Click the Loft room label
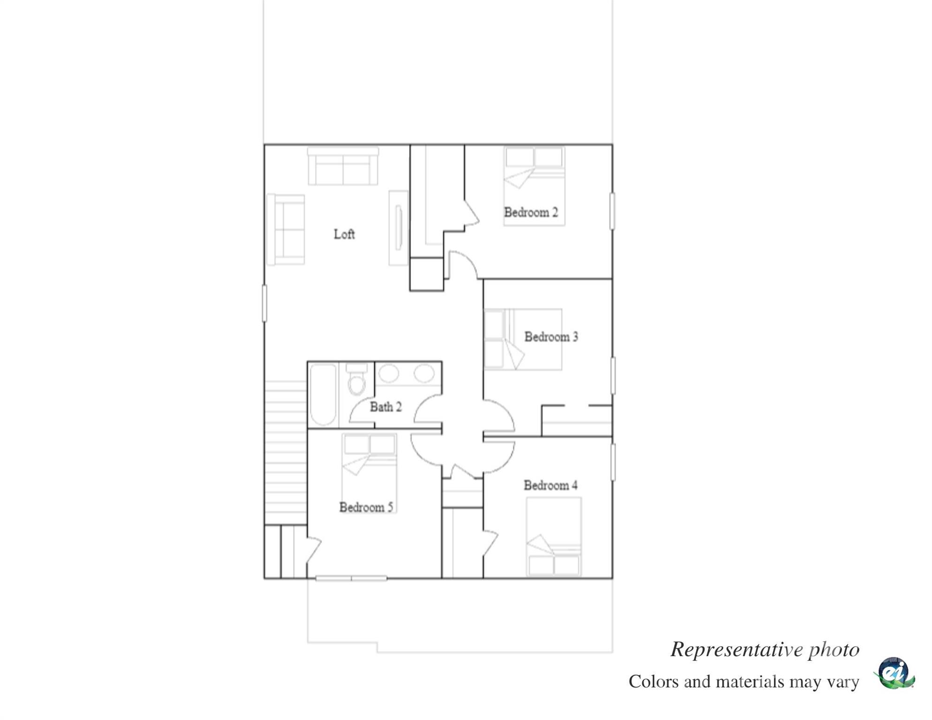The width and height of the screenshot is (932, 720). [344, 234]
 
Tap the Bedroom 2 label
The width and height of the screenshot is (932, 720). [531, 212]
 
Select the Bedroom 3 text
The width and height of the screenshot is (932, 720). [551, 337]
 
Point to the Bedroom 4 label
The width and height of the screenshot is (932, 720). [550, 485]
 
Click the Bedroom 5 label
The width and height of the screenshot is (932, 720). [366, 507]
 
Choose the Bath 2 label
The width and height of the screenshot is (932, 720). [385, 406]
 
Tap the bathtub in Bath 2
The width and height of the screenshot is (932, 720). [323, 395]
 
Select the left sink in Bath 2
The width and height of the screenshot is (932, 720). [389, 374]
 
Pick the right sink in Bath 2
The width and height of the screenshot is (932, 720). [424, 374]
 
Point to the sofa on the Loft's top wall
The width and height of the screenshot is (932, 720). [343, 166]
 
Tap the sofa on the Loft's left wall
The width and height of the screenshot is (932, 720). [286, 229]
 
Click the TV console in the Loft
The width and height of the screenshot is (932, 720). [398, 228]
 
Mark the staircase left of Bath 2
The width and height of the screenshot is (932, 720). [286, 452]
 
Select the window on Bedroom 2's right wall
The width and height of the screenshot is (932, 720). [612, 211]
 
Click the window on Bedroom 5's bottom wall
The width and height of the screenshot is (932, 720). [351, 578]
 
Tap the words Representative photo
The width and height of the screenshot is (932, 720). [765, 650]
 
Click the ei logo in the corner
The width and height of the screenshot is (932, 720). [894, 673]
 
